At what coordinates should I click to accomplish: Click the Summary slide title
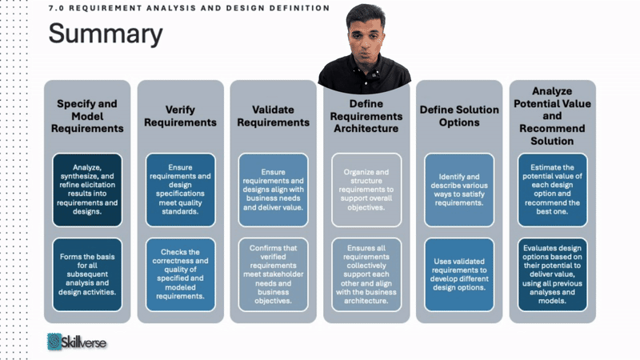(105, 34)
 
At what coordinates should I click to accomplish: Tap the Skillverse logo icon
(54, 342)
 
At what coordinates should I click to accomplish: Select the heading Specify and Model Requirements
(87, 116)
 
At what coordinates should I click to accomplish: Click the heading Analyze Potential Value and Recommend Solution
(552, 116)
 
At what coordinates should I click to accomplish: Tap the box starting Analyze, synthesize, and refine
(87, 184)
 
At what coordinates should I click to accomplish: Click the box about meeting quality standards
(180, 184)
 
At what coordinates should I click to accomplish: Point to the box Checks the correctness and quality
(180, 274)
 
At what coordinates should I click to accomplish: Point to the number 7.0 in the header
(57, 8)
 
